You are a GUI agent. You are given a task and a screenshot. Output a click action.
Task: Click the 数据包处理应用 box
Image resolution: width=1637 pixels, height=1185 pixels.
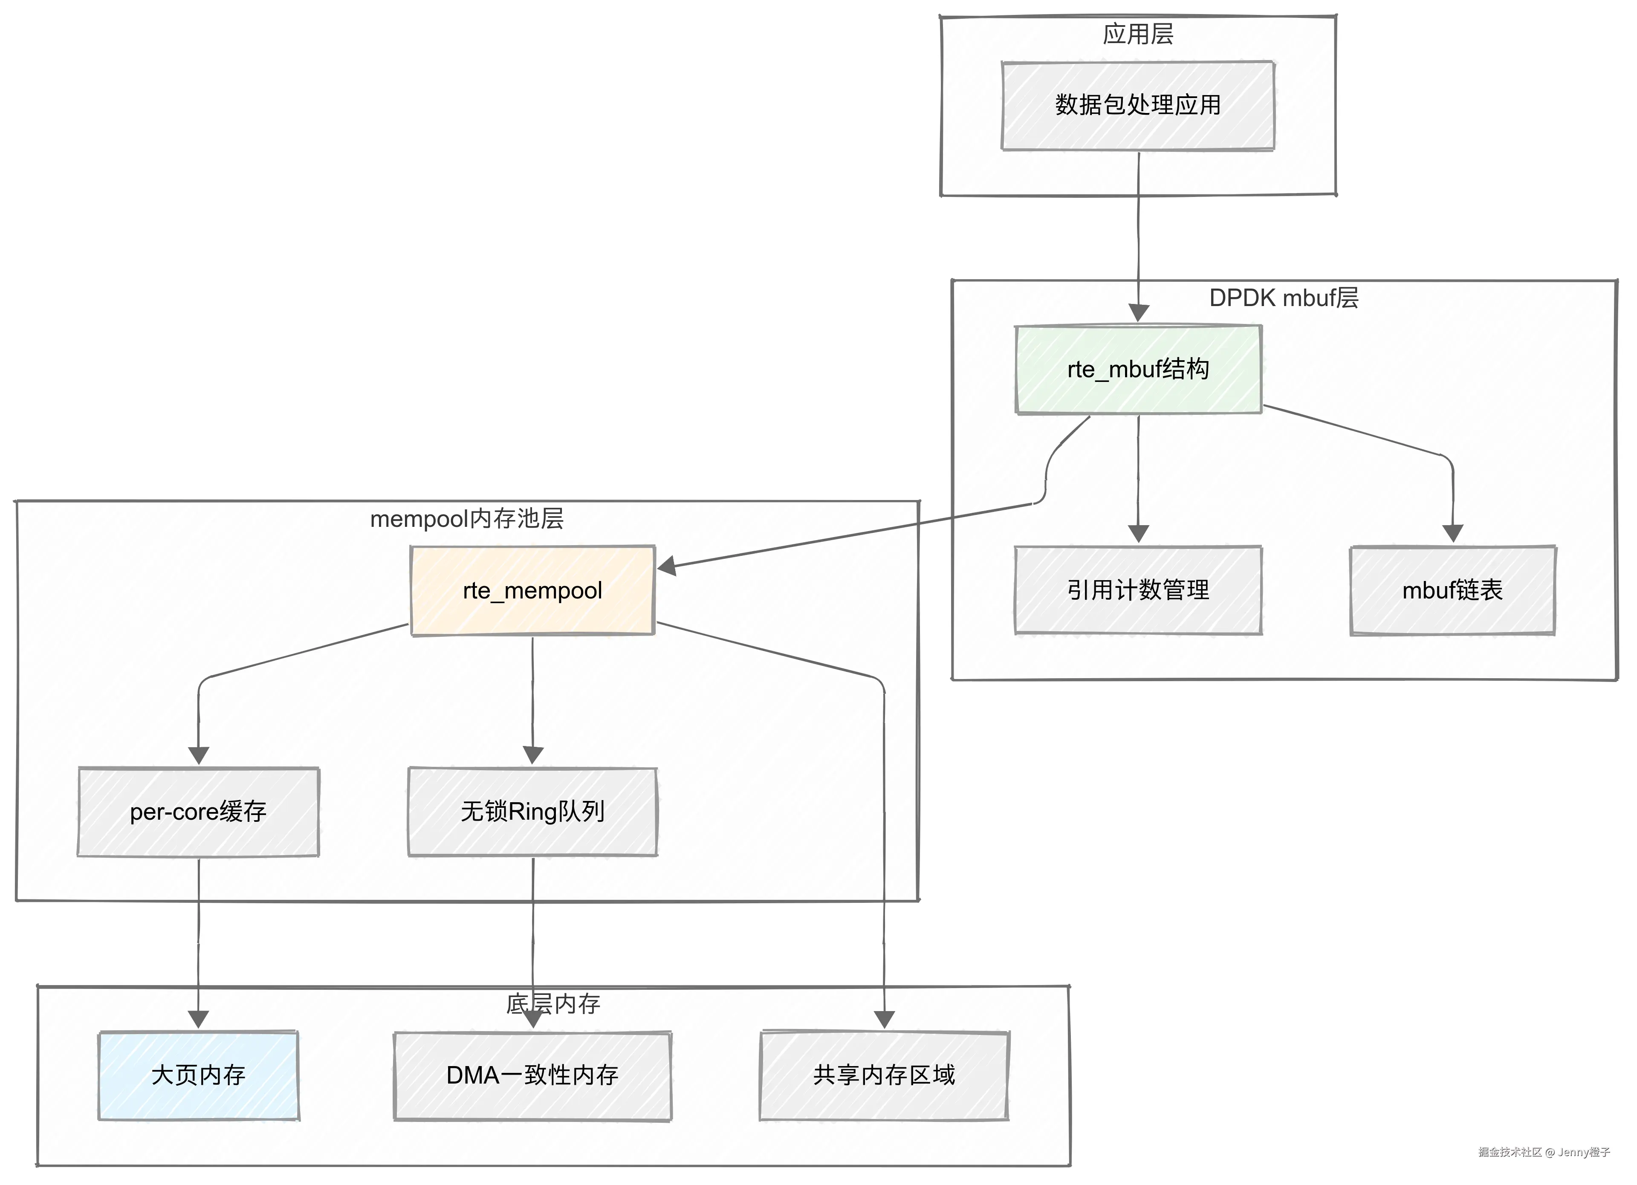[1137, 105]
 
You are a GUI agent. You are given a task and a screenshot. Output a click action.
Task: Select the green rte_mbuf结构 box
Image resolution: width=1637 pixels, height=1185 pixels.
[1137, 370]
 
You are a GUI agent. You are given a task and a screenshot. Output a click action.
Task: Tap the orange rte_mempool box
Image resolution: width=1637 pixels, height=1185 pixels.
[533, 590]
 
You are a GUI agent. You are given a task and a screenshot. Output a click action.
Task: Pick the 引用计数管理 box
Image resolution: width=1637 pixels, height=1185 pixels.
[1137, 590]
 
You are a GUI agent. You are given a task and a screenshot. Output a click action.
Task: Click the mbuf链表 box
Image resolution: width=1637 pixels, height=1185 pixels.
[1452, 590]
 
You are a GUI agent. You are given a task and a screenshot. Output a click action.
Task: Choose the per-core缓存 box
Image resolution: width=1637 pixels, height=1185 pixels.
[199, 812]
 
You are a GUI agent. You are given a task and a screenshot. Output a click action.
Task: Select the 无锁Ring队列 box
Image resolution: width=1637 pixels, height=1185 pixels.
[533, 812]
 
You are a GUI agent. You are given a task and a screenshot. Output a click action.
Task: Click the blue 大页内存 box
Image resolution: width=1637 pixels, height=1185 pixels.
[199, 1075]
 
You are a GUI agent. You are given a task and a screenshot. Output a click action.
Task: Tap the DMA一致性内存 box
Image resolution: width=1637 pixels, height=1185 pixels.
[533, 1075]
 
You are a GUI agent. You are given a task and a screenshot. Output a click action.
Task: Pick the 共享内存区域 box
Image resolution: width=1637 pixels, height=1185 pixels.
[884, 1075]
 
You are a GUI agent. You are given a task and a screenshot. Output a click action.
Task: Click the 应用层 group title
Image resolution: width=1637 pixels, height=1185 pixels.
[1137, 34]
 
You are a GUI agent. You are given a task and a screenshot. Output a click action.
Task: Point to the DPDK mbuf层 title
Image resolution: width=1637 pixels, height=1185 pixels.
[1283, 298]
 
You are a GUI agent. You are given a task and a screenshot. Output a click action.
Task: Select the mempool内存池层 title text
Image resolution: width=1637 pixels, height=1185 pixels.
[466, 519]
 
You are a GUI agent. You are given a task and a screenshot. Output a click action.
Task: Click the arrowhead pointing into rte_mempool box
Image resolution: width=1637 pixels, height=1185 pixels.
[666, 566]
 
